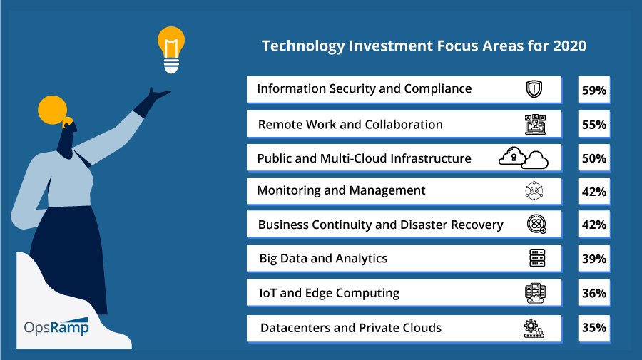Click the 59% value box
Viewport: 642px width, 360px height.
click(594, 90)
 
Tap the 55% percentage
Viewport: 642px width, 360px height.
click(594, 124)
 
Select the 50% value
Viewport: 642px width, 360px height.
click(594, 158)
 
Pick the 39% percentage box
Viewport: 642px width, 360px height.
click(594, 259)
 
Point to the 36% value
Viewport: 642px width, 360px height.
click(594, 293)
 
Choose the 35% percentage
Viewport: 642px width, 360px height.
click(594, 328)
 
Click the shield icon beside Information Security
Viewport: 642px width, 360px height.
click(534, 89)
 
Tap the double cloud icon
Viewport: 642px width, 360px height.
click(524, 158)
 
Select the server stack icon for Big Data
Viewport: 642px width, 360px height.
click(537, 258)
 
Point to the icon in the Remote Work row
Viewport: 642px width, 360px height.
click(536, 124)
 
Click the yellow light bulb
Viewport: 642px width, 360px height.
click(171, 50)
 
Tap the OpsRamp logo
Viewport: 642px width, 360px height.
click(56, 327)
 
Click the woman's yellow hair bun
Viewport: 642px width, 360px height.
click(52, 110)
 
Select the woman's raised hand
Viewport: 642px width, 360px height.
click(158, 96)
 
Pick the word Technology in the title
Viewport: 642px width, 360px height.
click(303, 46)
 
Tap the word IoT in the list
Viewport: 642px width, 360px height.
click(267, 293)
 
